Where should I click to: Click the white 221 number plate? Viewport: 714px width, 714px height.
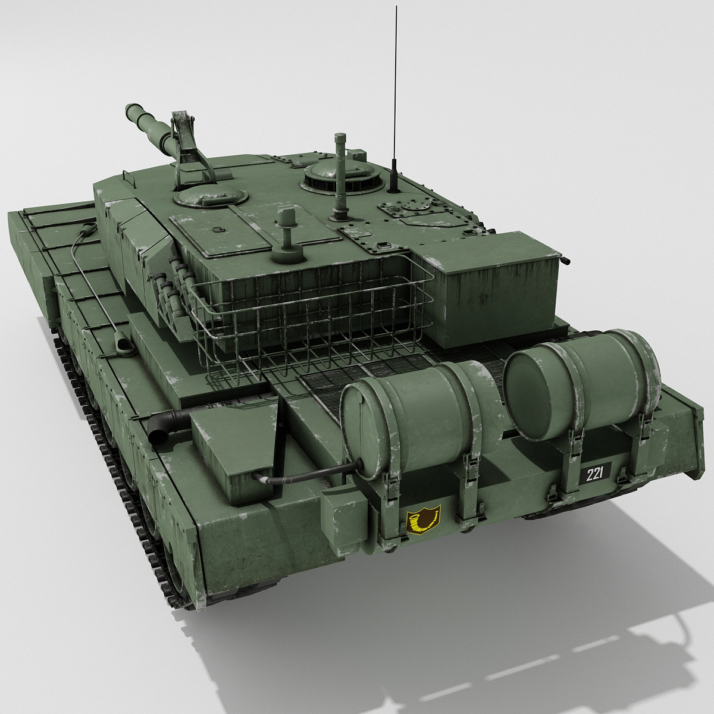coord(594,474)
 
